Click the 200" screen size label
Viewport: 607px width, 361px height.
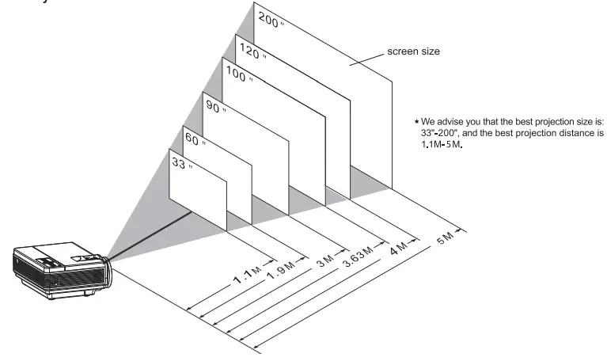tap(271, 20)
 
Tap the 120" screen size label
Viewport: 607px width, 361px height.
tap(253, 51)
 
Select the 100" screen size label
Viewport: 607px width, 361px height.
tap(239, 74)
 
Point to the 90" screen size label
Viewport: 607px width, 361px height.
tap(216, 106)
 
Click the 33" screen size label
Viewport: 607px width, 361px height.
tap(181, 162)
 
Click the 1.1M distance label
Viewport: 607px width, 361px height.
tap(248, 275)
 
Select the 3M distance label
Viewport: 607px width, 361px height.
tap(325, 260)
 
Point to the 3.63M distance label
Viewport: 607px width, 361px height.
tap(358, 256)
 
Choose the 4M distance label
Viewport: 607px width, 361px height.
tap(398, 249)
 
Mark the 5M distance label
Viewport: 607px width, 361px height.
tap(446, 238)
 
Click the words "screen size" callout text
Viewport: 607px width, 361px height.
tap(413, 51)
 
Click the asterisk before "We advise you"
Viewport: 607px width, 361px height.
tap(416, 122)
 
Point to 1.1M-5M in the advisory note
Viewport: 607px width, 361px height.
tap(442, 145)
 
